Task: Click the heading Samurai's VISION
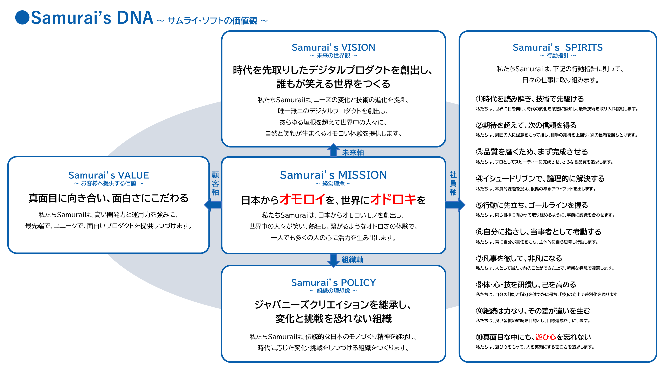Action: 333,47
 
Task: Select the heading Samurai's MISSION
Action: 333,175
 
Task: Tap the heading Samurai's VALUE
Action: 109,175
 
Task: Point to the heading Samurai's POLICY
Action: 333,283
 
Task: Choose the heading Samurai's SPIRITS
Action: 557,47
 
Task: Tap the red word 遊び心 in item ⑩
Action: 546,337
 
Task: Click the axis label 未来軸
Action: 353,152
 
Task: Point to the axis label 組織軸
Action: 352,259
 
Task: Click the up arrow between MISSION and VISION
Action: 333,150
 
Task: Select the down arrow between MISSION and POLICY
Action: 333,260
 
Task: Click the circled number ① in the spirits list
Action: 479,99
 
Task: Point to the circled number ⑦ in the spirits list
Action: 479,258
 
